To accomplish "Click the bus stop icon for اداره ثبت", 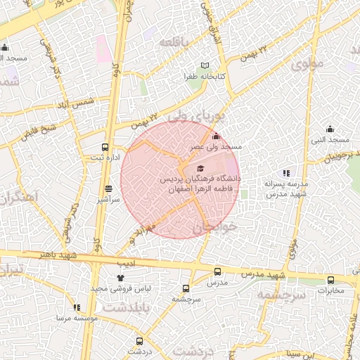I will pyautogui.click(x=105, y=148).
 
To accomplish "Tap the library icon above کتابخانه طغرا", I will pyautogui.click(x=205, y=65).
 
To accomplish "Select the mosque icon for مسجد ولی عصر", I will pyautogui.click(x=215, y=136).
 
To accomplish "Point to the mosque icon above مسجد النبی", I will pyautogui.click(x=330, y=129).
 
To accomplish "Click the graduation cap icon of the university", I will pyautogui.click(x=200, y=169).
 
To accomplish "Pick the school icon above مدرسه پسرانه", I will pyautogui.click(x=285, y=172).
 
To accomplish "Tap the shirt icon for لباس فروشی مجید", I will pyautogui.click(x=121, y=278).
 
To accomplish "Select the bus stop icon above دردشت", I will pyautogui.click(x=139, y=340).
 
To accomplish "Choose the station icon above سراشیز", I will pyautogui.click(x=108, y=188).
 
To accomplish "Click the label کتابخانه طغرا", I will pyautogui.click(x=205, y=76).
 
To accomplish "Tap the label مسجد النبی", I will pyautogui.click(x=330, y=139).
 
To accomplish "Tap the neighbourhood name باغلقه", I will pyautogui.click(x=174, y=43).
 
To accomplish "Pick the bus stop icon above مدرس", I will pyautogui.click(x=217, y=271).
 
